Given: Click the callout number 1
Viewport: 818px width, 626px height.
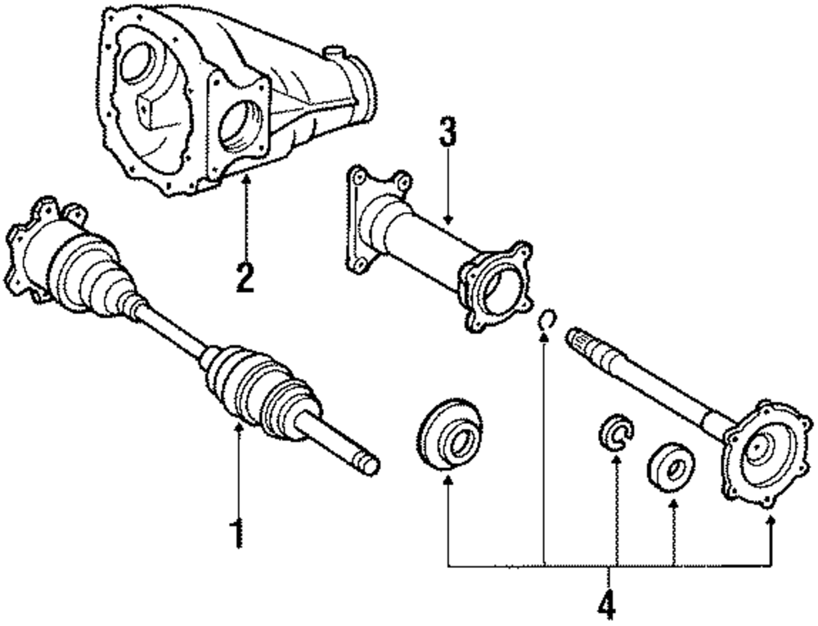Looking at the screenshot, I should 236,533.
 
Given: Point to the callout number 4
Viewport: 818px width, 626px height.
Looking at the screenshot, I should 605,605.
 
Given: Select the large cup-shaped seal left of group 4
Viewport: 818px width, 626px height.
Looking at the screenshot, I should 449,435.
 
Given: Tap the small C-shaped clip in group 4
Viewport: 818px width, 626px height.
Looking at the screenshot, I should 614,431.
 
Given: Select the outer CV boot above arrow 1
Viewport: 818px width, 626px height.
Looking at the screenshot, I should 258,385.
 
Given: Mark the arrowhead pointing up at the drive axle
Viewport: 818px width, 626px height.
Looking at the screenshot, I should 238,428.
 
